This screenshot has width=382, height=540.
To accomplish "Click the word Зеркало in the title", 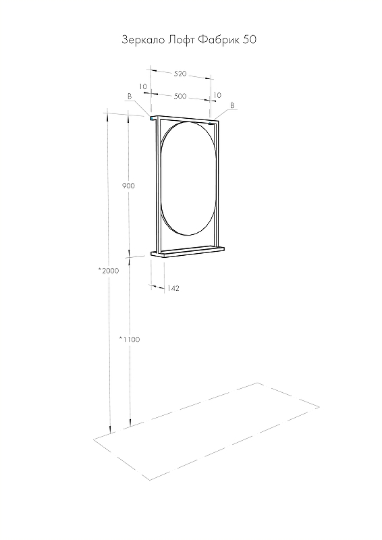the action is coord(143,40).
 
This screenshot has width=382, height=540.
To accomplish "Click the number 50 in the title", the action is coord(250,40).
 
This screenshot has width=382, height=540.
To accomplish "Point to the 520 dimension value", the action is coord(180,74).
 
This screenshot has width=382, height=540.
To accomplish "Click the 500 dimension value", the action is coord(180,96).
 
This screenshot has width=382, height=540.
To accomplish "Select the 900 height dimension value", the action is coord(128,186).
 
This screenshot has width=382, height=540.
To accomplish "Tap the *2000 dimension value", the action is coord(109,271).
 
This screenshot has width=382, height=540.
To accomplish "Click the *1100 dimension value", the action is coord(130,340).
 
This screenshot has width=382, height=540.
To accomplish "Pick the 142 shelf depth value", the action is coord(173,288).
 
